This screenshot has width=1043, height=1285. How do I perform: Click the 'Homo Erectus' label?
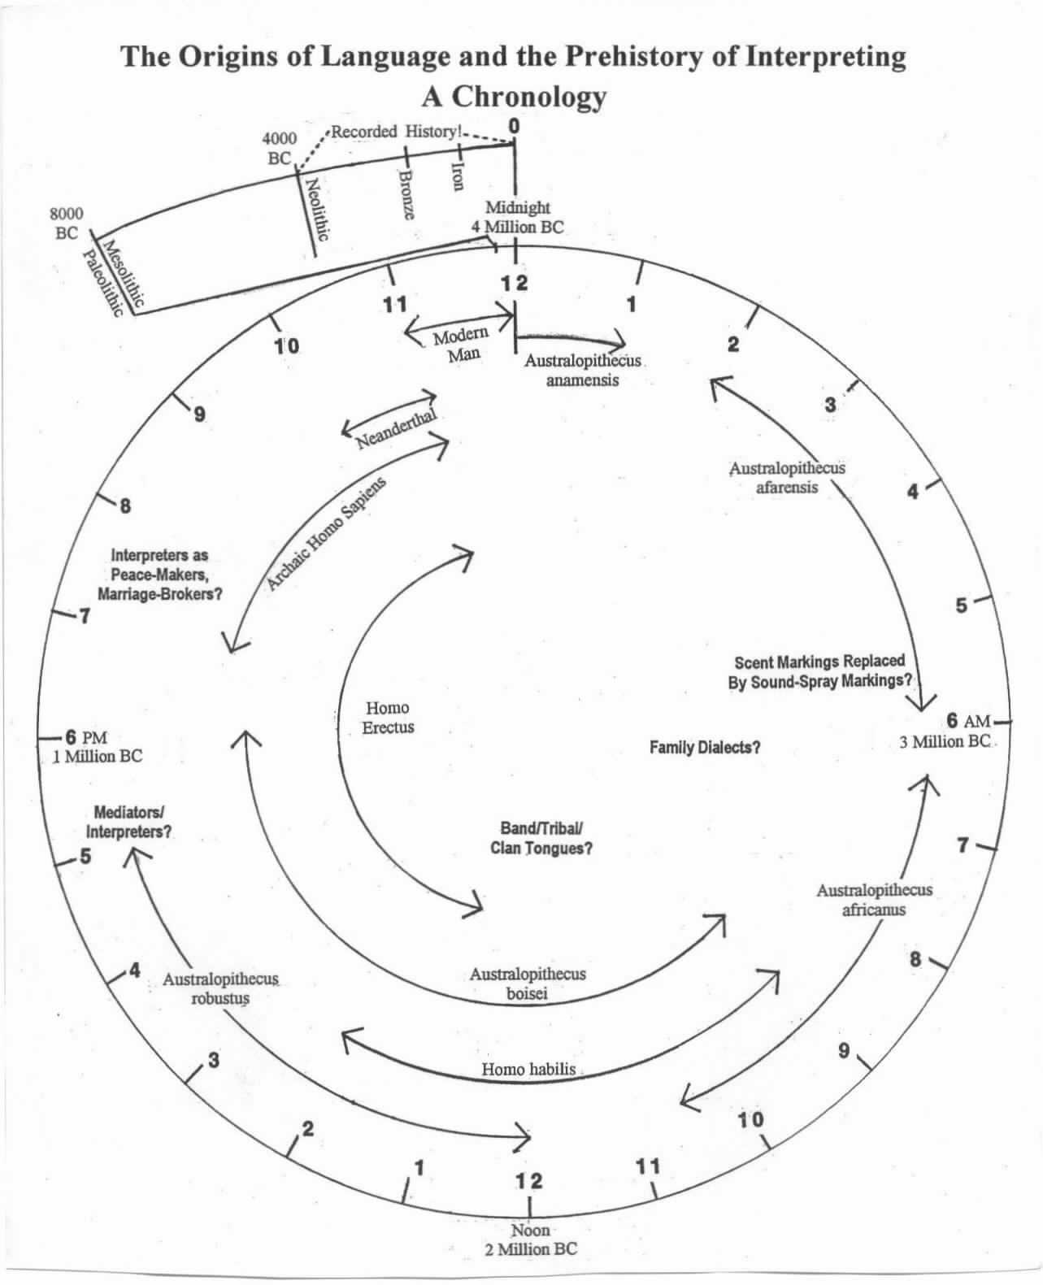(388, 718)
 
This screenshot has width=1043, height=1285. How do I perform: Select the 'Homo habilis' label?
(529, 1069)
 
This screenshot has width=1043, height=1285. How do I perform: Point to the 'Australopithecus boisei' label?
(527, 983)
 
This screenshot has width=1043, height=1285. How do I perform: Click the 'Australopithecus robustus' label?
(220, 988)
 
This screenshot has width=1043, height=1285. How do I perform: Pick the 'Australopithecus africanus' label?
(874, 900)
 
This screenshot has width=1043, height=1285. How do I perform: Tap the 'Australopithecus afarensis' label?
(786, 478)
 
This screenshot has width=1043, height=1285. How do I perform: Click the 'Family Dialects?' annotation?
(705, 747)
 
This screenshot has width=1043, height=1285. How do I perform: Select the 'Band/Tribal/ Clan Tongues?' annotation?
(541, 838)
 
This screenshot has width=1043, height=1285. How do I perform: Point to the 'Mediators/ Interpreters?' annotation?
(129, 822)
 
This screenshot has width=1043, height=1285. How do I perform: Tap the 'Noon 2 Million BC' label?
(531, 1239)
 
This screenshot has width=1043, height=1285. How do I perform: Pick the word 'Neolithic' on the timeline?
(315, 209)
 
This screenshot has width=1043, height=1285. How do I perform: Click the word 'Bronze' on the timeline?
(408, 193)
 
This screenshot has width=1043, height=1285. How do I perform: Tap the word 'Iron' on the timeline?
(458, 173)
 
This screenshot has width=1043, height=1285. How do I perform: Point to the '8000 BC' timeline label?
(66, 224)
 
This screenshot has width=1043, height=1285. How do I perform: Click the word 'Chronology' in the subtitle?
(528, 97)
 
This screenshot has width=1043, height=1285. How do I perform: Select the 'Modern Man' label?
(460, 344)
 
